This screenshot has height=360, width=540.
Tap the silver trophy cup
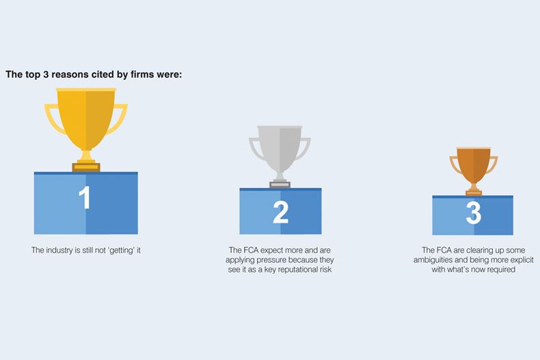pyautogui.click(x=280, y=152)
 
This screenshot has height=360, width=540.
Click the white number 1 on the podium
pyautogui.click(x=84, y=197)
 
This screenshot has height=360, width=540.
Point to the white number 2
pyautogui.click(x=281, y=212)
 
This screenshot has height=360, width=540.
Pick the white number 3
pyautogui.click(x=474, y=212)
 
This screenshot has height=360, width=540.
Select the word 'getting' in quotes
pyautogui.click(x=121, y=251)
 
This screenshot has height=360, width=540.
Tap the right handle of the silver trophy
pyautogui.click(x=303, y=148)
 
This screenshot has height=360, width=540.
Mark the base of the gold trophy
pyautogui.click(x=86, y=167)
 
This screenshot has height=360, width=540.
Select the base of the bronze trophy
pyautogui.click(x=474, y=193)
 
